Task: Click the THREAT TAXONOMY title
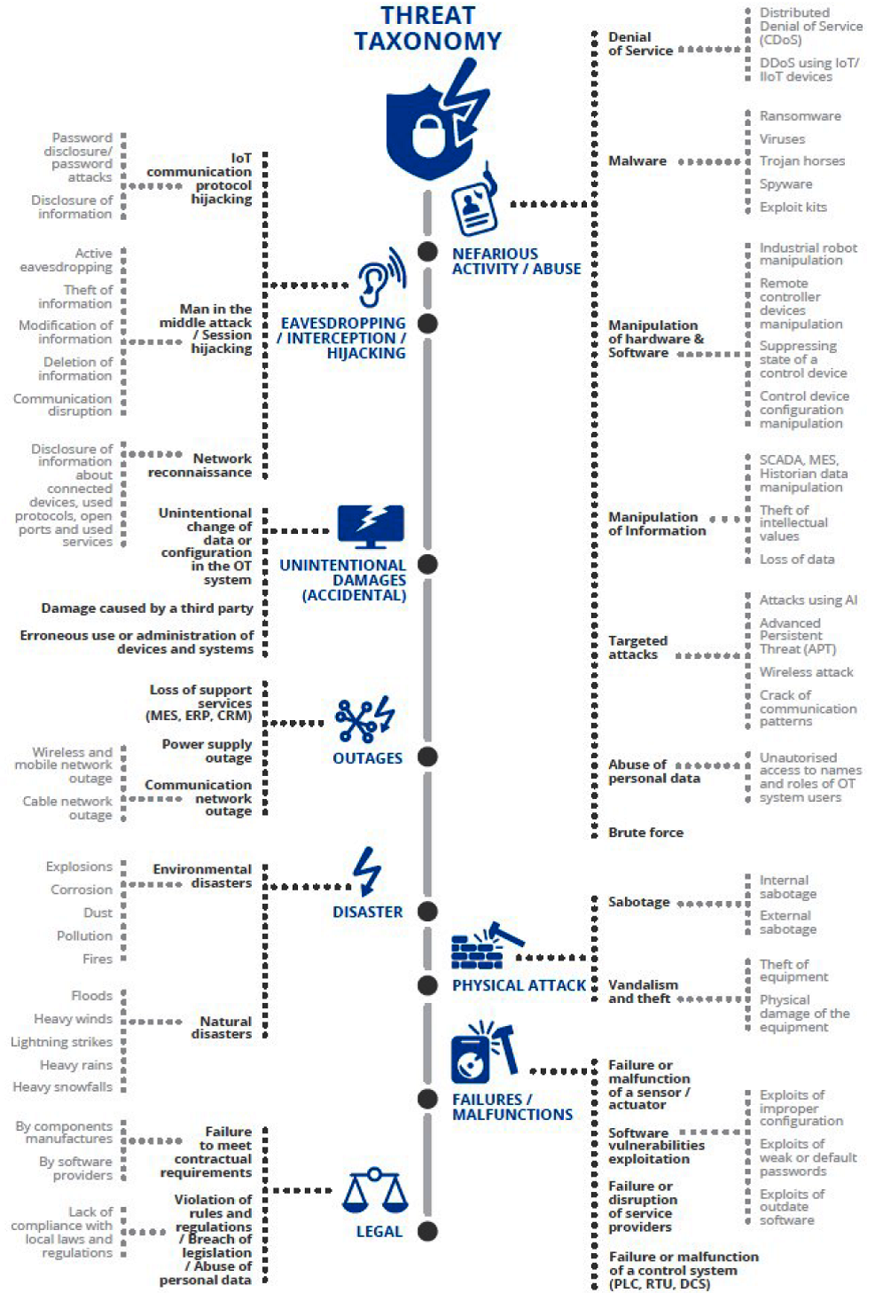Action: (x=427, y=28)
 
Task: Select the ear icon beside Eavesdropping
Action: (x=381, y=278)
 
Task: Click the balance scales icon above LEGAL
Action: (x=375, y=1190)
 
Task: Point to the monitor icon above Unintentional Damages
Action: (x=371, y=527)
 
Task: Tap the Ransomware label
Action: (x=800, y=116)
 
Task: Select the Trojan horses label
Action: (x=801, y=161)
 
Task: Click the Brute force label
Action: (x=645, y=833)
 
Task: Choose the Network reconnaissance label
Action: (x=200, y=466)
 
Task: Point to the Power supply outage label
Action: (x=207, y=751)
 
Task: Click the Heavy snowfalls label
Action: (x=63, y=1087)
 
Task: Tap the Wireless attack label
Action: (x=806, y=672)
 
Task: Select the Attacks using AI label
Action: (x=808, y=600)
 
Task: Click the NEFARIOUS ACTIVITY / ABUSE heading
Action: (x=516, y=261)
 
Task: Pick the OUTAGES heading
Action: (x=367, y=758)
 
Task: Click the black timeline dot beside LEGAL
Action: (x=427, y=1231)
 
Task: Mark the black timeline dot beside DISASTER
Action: (x=427, y=911)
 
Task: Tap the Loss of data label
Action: (x=796, y=560)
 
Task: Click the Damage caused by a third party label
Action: (x=147, y=608)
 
